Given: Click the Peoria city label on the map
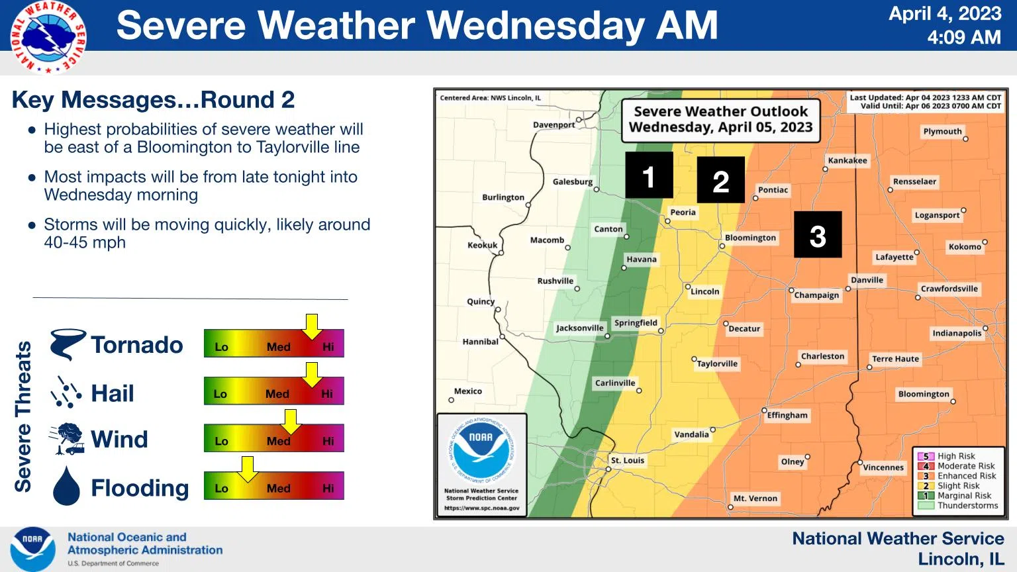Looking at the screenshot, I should click(683, 213).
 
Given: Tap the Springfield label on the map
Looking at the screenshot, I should click(636, 323).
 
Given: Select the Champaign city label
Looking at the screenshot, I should click(816, 295).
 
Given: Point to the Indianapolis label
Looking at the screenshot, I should click(957, 333).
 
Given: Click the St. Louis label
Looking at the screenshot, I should click(627, 460).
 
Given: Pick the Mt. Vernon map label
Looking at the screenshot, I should click(755, 499).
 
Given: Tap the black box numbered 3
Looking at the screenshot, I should click(818, 235).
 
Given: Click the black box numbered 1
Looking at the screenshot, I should click(649, 175).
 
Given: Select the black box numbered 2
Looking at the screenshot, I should click(720, 180).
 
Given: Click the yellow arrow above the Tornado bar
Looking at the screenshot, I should click(311, 326).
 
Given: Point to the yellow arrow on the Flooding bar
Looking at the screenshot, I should click(247, 469).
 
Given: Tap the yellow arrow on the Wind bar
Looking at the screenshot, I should click(290, 421).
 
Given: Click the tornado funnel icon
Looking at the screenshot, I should click(68, 344).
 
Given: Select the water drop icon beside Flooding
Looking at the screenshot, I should click(66, 487).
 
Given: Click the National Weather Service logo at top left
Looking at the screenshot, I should click(48, 36).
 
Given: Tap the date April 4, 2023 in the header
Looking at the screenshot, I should click(945, 14).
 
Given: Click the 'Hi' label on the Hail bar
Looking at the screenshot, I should click(327, 394).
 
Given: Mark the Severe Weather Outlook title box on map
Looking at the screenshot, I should click(720, 120).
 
